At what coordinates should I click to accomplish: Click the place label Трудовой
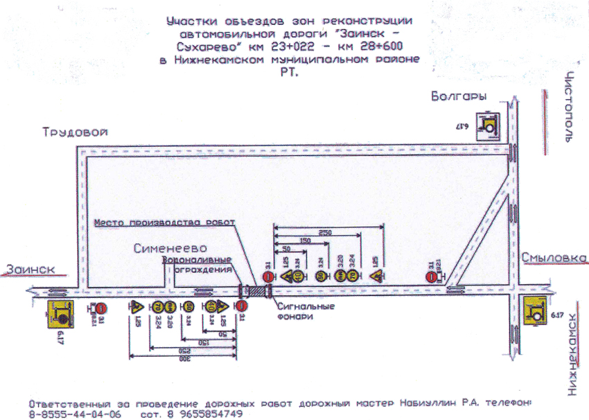pyautogui.click(x=75, y=133)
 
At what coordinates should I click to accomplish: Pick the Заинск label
pyautogui.click(x=28, y=268)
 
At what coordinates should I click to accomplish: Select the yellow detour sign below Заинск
pyautogui.click(x=60, y=316)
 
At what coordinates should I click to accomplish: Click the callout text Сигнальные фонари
pyautogui.click(x=305, y=310)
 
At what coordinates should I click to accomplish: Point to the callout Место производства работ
pyautogui.click(x=164, y=222)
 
